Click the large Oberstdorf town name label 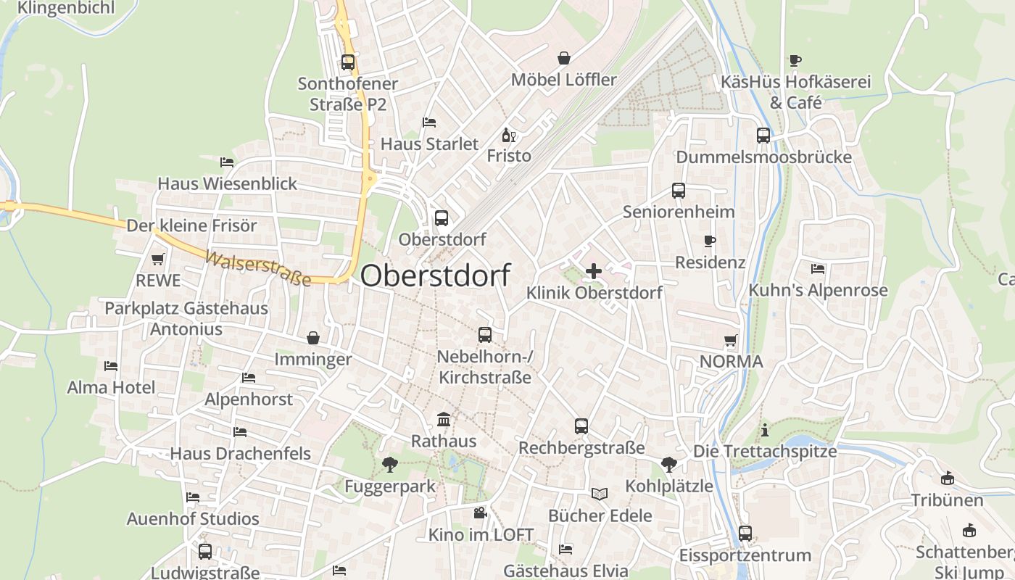click(x=435, y=276)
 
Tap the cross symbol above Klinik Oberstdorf click(x=594, y=271)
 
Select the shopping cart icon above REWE click(x=157, y=259)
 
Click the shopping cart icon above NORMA click(x=731, y=340)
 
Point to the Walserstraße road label click(x=257, y=268)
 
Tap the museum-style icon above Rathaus click(x=444, y=419)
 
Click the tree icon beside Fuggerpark click(x=390, y=464)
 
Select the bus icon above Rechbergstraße click(x=581, y=426)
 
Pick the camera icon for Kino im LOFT click(x=480, y=513)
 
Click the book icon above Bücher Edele click(x=600, y=494)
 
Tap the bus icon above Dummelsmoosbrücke click(x=763, y=135)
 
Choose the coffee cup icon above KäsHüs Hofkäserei click(x=795, y=60)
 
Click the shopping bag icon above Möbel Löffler click(x=564, y=58)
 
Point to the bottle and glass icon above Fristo click(x=509, y=135)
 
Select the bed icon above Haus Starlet click(x=429, y=122)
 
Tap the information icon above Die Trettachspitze click(x=765, y=430)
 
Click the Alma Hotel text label click(x=111, y=387)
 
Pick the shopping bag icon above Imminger click(x=313, y=338)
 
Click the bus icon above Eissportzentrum click(x=745, y=534)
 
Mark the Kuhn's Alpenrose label click(x=818, y=291)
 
